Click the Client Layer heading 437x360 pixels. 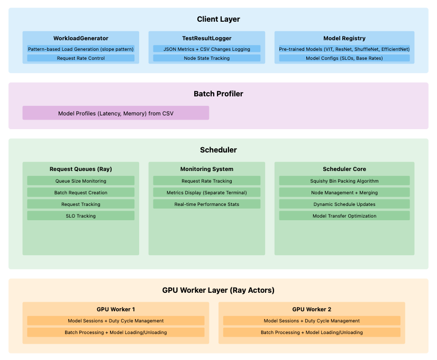click(x=218, y=19)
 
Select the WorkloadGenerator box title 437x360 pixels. click(x=80, y=38)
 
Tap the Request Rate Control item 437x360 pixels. click(x=80, y=58)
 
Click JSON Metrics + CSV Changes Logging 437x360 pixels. click(x=206, y=49)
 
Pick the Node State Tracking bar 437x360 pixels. click(x=206, y=58)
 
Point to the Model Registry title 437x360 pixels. click(x=344, y=38)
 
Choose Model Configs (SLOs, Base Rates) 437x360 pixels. click(x=344, y=58)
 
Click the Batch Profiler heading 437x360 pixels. click(x=218, y=94)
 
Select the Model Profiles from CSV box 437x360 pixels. click(x=115, y=113)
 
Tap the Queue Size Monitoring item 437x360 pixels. click(x=80, y=181)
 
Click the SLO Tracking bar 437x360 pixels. click(x=80, y=216)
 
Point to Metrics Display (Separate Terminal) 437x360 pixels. click(x=206, y=193)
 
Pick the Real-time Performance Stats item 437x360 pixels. click(x=206, y=204)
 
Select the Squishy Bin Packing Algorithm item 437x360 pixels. click(x=344, y=181)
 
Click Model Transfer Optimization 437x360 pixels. click(x=344, y=216)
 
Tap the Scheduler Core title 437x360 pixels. click(x=344, y=169)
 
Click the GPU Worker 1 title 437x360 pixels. click(x=115, y=309)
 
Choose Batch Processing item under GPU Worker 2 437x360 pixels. click(x=312, y=332)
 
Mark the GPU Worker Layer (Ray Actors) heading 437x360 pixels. click(x=218, y=290)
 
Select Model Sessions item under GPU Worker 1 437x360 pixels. click(x=115, y=321)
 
